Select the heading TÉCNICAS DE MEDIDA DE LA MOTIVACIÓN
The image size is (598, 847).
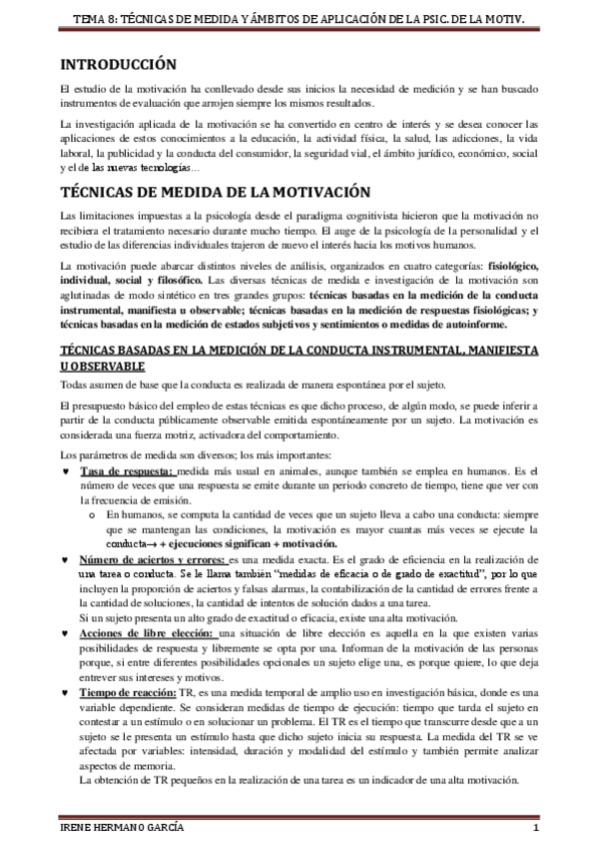pos(202,191)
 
